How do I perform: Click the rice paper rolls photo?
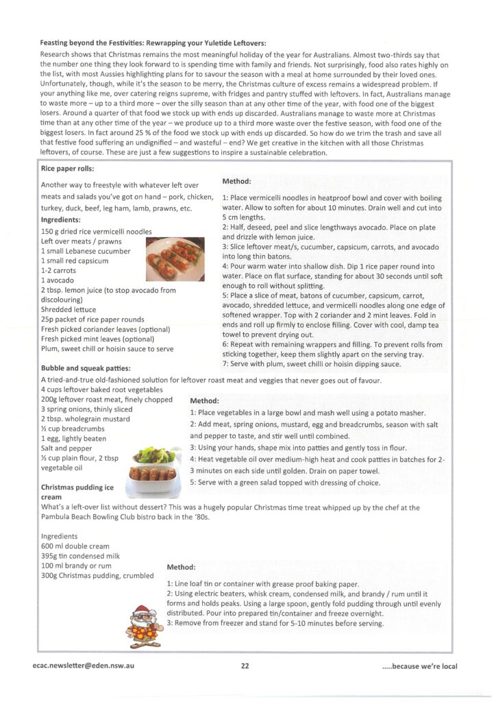175,258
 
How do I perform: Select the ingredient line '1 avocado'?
60,280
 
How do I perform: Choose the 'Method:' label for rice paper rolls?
236,181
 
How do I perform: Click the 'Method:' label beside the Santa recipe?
181,567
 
